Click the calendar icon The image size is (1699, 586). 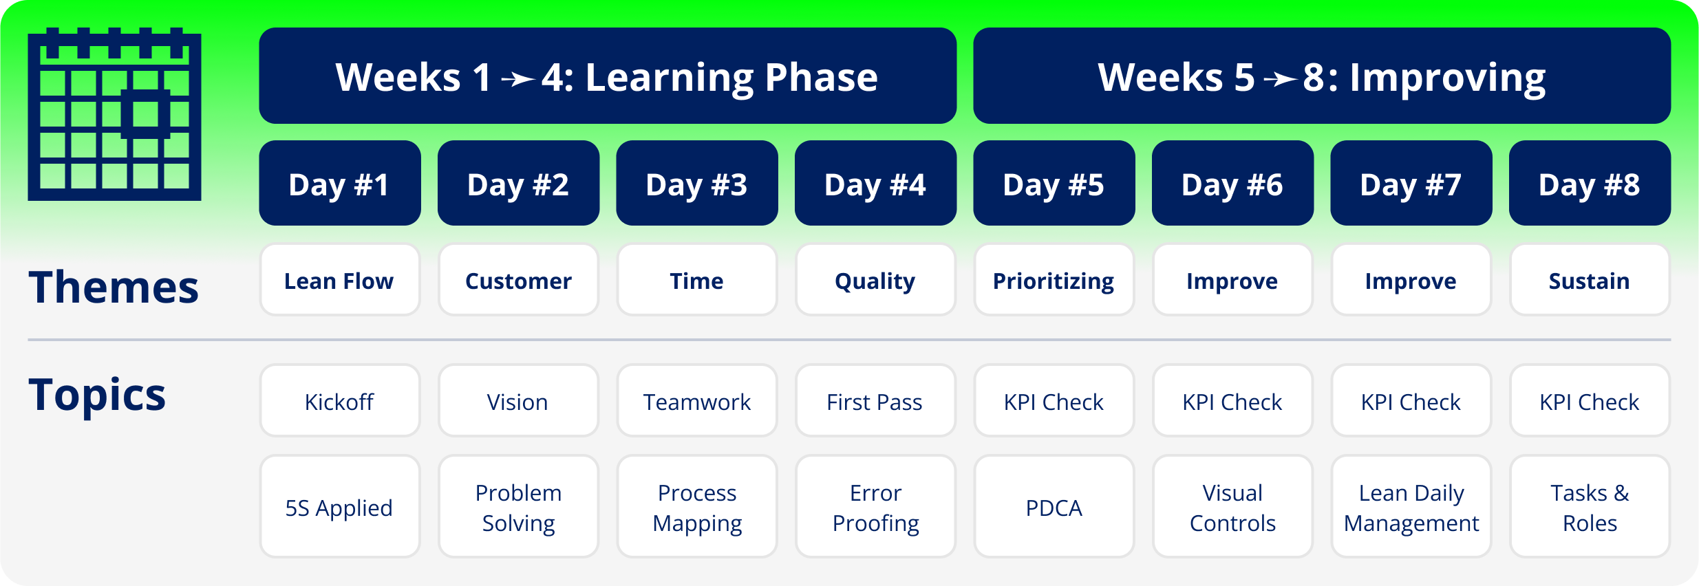pyautogui.click(x=114, y=114)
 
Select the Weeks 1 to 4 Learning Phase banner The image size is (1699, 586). pyautogui.click(x=608, y=76)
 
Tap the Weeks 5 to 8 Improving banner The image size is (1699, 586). pyautogui.click(x=1322, y=76)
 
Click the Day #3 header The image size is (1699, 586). pyautogui.click(x=697, y=183)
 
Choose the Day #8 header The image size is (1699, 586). pyautogui.click(x=1590, y=183)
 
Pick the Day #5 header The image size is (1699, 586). pyautogui.click(x=1054, y=183)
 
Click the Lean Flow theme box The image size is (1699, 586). pyautogui.click(x=340, y=280)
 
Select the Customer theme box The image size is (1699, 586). pyautogui.click(x=518, y=280)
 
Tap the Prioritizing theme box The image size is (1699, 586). pyautogui.click(x=1054, y=280)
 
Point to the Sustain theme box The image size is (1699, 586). pyautogui.click(x=1590, y=280)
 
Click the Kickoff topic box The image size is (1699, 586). pyautogui.click(x=340, y=401)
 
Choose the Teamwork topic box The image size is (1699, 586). pyautogui.click(x=697, y=401)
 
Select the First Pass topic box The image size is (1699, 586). pyautogui.click(x=875, y=401)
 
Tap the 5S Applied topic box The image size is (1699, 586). pyautogui.click(x=340, y=507)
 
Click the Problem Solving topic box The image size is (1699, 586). pyautogui.click(x=518, y=507)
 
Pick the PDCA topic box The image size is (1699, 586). pyautogui.click(x=1054, y=507)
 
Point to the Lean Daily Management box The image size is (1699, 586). pyautogui.click(x=1411, y=507)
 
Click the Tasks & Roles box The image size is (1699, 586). pyautogui.click(x=1590, y=507)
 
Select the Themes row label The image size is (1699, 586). pyautogui.click(x=114, y=287)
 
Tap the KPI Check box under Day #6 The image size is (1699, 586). pyautogui.click(x=1232, y=401)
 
